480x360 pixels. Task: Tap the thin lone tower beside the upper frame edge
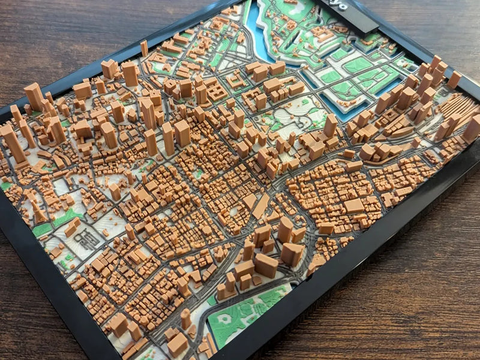pos(144,48)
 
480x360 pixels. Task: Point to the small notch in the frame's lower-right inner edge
pos(310,277)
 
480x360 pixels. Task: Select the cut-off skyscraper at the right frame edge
pos(472,128)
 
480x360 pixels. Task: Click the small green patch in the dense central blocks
pos(198,173)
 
